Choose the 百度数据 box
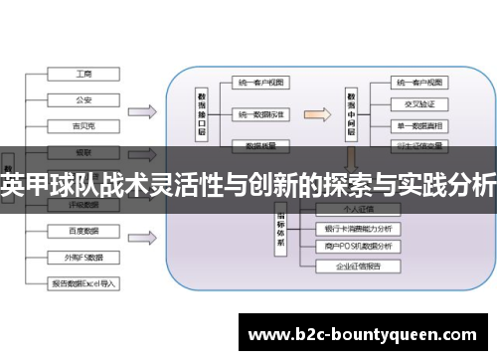click(85, 231)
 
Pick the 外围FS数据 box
click(85, 256)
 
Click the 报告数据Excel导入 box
click(85, 282)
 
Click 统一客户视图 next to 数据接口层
click(261, 84)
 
